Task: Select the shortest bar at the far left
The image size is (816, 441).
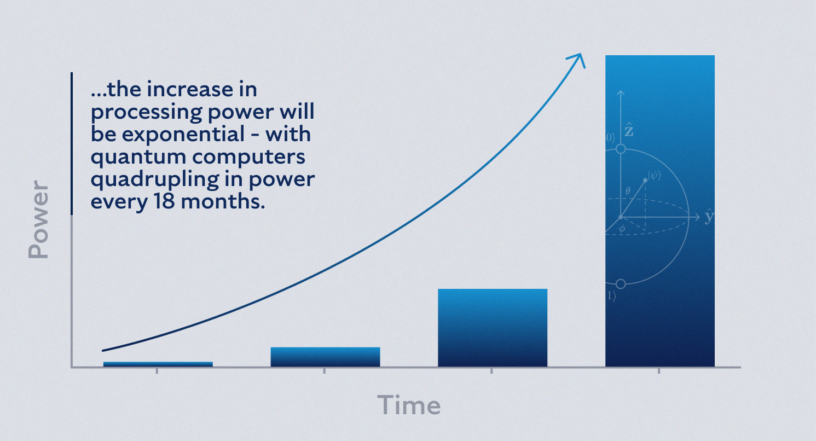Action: pos(158,364)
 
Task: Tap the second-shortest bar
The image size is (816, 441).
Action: pos(325,357)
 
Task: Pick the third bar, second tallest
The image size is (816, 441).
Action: pos(492,327)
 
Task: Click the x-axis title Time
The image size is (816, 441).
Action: pos(409,405)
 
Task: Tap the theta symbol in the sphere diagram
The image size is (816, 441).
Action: pos(628,192)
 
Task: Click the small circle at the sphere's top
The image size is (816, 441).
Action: pos(621,149)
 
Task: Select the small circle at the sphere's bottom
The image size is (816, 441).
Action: pos(621,284)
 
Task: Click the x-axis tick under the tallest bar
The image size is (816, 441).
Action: pos(659,371)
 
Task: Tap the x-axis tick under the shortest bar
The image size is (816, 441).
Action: pos(157,371)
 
